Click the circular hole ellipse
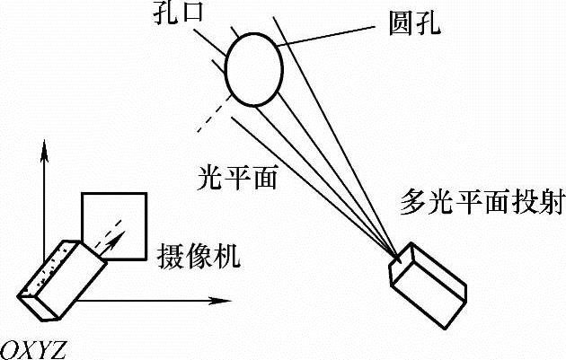254,67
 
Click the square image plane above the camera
115,224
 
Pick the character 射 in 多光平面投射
548,203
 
